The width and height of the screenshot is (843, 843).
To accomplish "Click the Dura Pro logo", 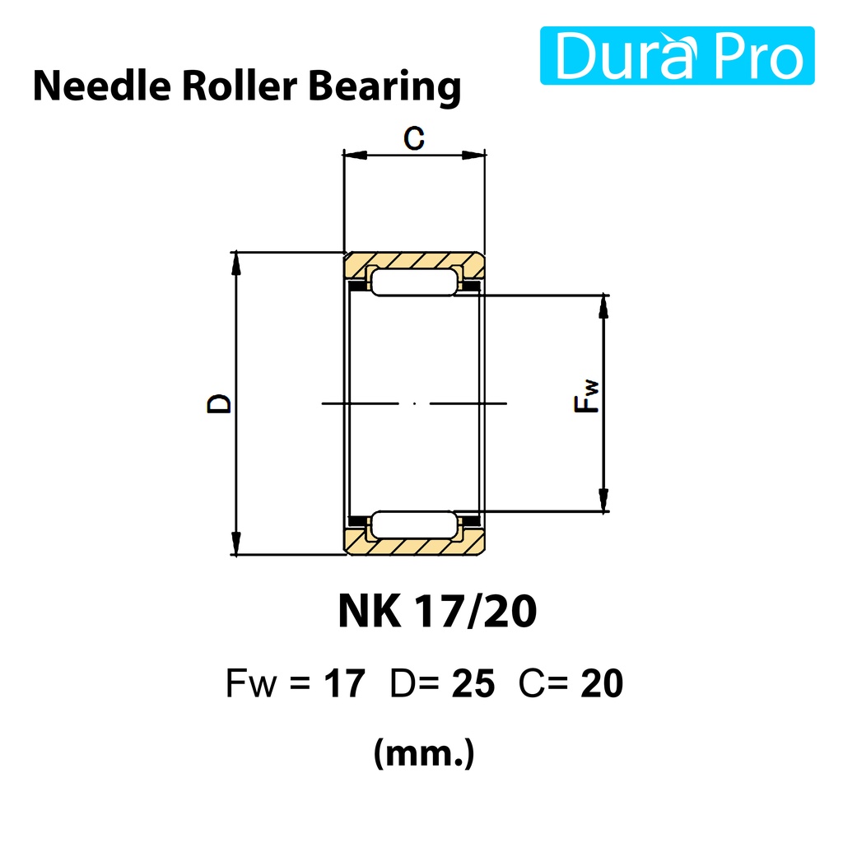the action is click(677, 55).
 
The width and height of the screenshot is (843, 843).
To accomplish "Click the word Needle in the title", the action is click(102, 86).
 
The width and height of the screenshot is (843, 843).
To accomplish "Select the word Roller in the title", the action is click(240, 86).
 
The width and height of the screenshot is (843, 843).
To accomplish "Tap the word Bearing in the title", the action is click(385, 87).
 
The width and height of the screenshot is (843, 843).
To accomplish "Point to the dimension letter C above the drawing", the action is click(414, 138).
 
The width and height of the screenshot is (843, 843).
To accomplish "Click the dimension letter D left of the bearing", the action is click(219, 403).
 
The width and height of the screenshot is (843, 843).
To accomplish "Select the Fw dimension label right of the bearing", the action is click(586, 396).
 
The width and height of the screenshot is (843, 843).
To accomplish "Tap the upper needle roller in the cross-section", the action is click(414, 282).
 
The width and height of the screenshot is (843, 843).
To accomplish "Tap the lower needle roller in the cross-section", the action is click(414, 524).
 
